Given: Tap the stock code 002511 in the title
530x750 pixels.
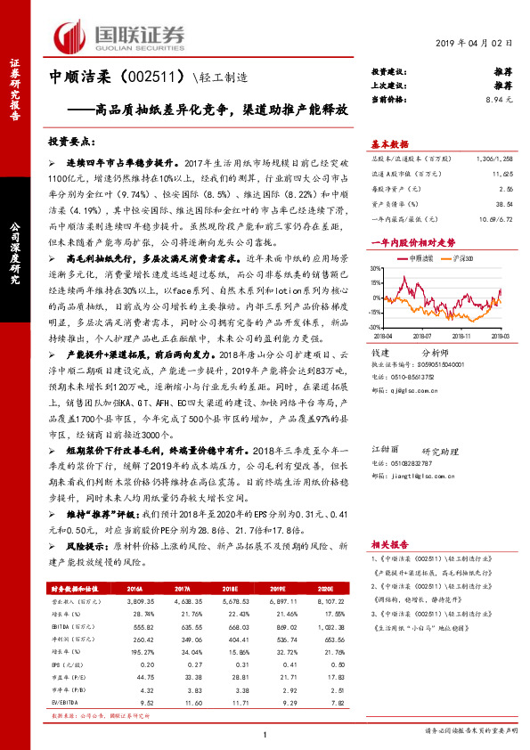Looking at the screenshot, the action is point(155,77).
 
